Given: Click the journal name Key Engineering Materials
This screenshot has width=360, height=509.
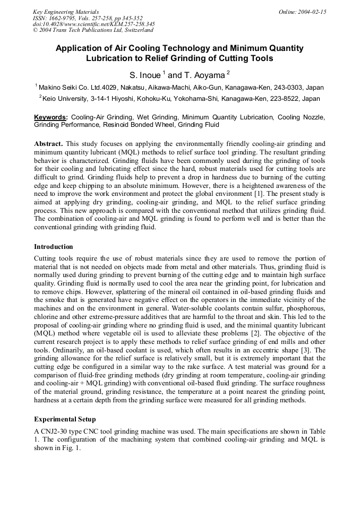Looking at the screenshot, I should pyautogui.click(x=65, y=12).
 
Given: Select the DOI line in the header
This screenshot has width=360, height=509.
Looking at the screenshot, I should pyautogui.click(x=94, y=24).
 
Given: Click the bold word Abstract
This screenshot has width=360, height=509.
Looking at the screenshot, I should pyautogui.click(x=48, y=144).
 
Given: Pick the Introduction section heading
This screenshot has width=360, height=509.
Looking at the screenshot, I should pyautogui.click(x=54, y=247).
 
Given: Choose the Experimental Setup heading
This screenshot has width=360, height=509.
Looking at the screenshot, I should pyautogui.click(x=65, y=420).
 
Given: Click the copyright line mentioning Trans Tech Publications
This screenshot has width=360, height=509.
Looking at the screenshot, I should pyautogui.click(x=93, y=30).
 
